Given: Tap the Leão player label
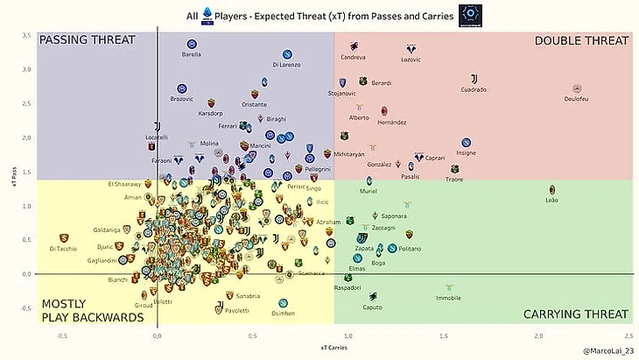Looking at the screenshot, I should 551,200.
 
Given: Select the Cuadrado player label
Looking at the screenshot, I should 474,89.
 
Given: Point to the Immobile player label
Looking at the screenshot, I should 448,298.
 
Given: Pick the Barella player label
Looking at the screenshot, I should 192,54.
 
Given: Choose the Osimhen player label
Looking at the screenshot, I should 283,313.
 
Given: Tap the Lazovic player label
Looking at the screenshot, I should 411,60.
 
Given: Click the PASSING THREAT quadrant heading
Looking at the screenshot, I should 88,40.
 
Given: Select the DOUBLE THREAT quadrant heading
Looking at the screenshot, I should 581,40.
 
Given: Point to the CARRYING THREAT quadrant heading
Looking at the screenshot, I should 575,314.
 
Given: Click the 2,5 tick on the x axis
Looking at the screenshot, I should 629,336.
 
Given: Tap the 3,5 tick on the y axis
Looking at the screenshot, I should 26,36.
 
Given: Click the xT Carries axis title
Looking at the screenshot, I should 334,348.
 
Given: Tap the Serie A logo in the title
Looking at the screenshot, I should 208,16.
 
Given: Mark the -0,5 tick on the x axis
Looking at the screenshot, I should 62,336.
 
